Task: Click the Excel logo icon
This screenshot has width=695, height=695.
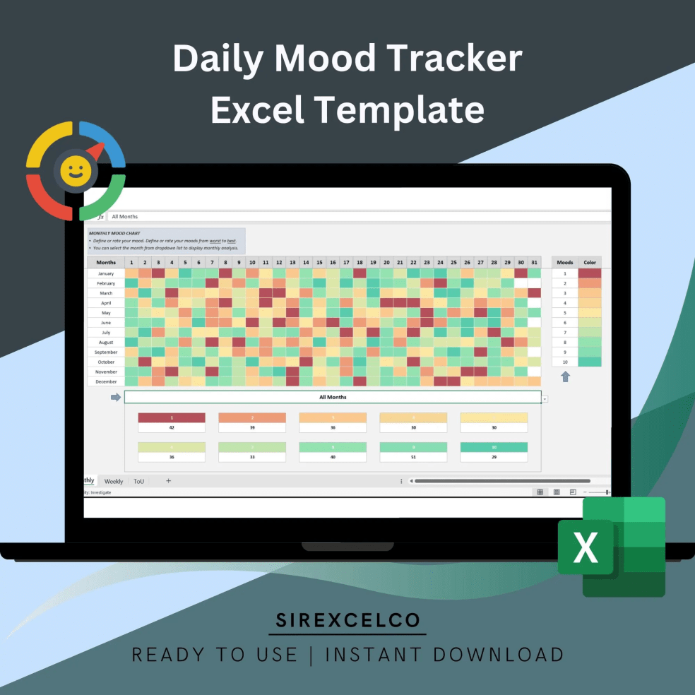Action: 612,547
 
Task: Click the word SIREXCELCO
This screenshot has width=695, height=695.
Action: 347,621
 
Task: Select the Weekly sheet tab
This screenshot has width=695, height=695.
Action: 114,481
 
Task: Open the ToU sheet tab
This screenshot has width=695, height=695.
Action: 139,481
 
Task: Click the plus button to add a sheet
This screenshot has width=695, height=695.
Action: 168,481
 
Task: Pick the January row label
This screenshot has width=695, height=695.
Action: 106,273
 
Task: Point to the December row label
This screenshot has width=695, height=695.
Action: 106,381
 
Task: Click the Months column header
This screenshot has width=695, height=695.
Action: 106,263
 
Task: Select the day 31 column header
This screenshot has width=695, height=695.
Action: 534,263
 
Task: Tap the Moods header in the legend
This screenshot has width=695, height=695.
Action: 565,263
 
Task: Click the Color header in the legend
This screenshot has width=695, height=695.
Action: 590,263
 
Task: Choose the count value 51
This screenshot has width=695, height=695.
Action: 413,457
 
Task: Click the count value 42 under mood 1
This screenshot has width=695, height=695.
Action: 172,428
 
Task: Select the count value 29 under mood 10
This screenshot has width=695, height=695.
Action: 494,457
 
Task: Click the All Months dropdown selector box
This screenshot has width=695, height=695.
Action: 333,398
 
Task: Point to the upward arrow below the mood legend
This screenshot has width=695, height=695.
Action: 565,377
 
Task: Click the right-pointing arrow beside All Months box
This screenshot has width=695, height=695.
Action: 116,398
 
